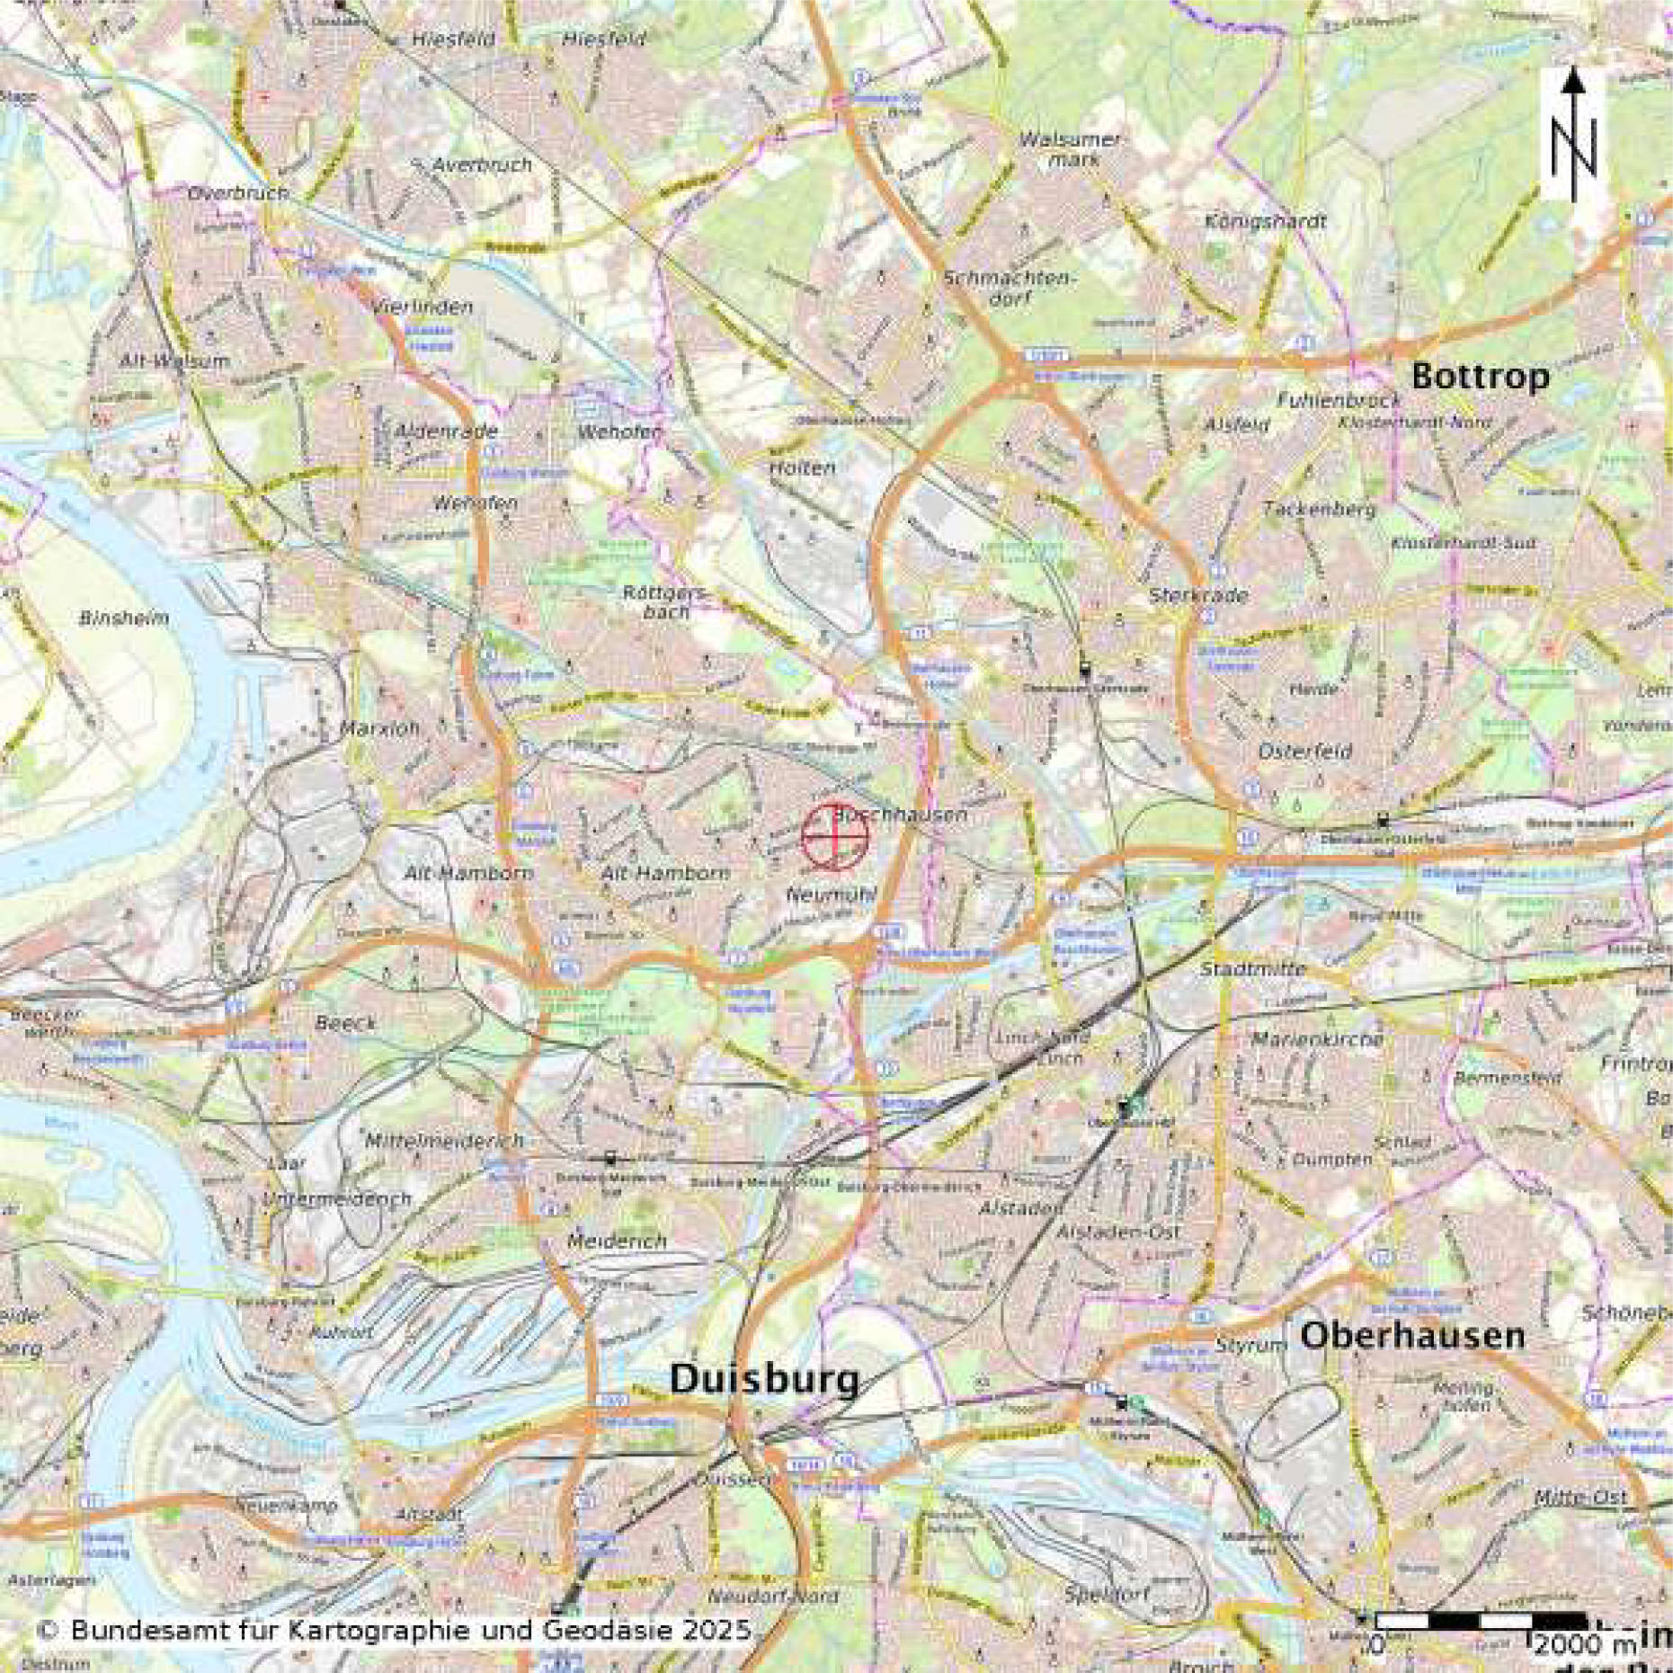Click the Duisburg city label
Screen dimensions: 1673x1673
(763, 1379)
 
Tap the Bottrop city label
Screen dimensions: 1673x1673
(1480, 376)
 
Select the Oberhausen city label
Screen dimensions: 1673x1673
(1412, 1336)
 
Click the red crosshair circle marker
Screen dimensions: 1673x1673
(835, 837)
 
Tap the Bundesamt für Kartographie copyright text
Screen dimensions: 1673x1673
(396, 1630)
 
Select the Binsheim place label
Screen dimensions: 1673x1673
(124, 618)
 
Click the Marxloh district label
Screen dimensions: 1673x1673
(380, 728)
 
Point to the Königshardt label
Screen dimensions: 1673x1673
(1265, 221)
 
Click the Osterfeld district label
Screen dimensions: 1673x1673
(1305, 752)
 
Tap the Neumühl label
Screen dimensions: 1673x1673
(831, 895)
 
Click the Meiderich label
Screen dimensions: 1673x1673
(617, 1241)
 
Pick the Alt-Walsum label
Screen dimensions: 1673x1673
(174, 361)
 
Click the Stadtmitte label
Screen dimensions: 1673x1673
(1253, 969)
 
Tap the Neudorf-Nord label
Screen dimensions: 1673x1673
(773, 1597)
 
